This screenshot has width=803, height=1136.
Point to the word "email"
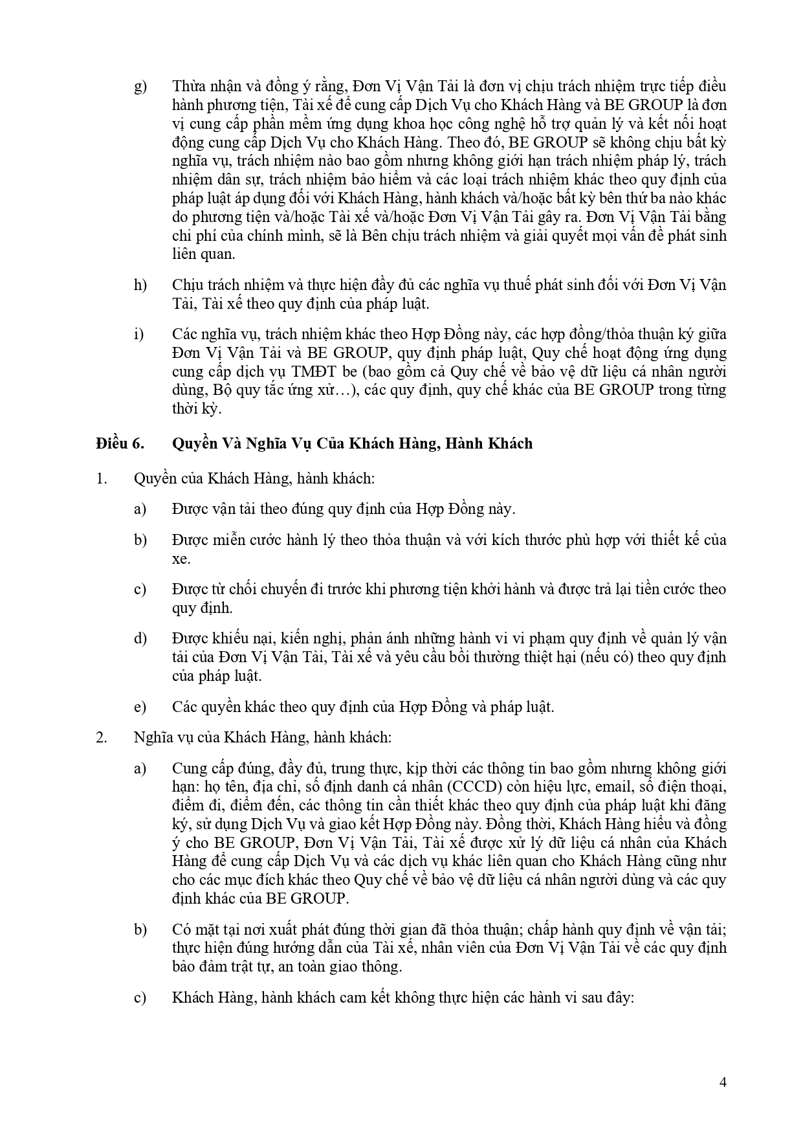(587, 787)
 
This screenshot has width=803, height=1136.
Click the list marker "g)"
(140, 87)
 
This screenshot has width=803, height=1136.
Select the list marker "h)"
(140, 285)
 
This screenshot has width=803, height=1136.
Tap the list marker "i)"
(138, 334)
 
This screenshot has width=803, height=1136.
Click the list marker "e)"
(140, 706)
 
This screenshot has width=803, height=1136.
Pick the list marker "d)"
(140, 638)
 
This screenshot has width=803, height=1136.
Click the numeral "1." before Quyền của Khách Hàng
(101, 479)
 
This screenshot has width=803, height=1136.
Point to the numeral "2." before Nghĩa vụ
(101, 737)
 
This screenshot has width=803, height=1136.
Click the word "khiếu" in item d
(233, 638)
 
